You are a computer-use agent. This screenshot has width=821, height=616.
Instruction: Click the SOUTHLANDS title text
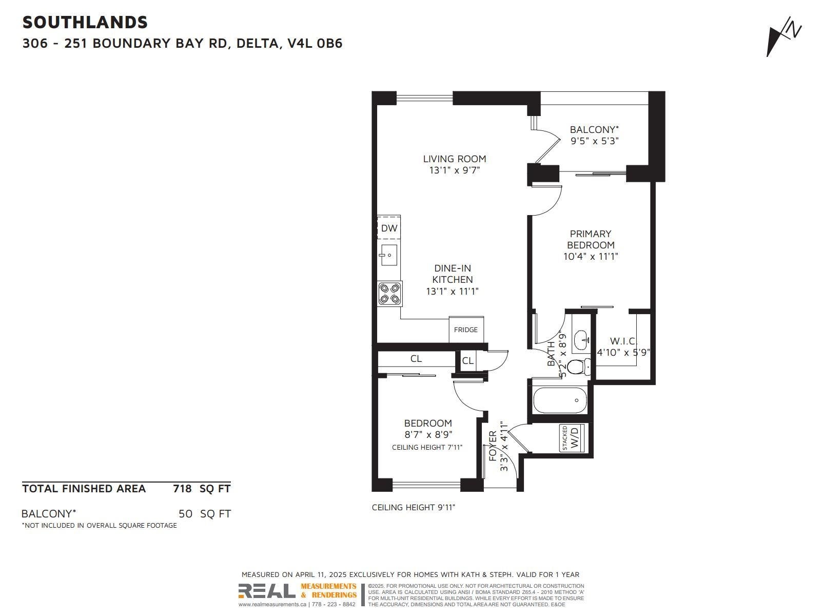coord(85,23)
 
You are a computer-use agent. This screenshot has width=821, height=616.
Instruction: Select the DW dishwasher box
coord(388,227)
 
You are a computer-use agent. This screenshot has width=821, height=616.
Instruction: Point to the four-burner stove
coord(389,294)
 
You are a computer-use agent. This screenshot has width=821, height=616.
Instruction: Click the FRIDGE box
coord(466,330)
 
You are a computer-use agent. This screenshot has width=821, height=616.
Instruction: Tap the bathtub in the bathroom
coord(560,400)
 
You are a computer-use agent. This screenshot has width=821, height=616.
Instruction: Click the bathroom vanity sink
coord(581,340)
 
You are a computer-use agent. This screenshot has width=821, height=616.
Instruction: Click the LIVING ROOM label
coord(455,159)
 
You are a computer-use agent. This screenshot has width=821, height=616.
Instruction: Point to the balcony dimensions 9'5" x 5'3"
coord(594,141)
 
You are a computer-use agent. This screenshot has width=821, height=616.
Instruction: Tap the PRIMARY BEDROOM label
coord(591,239)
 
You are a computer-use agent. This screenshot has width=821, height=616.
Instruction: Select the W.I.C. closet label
coord(623,341)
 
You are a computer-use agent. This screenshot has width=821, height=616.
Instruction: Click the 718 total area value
coord(182,489)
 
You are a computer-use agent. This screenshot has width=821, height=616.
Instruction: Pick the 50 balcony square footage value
coord(186,513)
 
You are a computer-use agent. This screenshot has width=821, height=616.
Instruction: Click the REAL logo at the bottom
coord(267,590)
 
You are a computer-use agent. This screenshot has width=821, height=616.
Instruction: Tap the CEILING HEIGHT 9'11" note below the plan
coord(413,507)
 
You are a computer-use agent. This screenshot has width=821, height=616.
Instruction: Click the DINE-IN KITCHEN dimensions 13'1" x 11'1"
coord(452,291)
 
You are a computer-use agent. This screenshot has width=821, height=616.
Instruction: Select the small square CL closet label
coord(467,360)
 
